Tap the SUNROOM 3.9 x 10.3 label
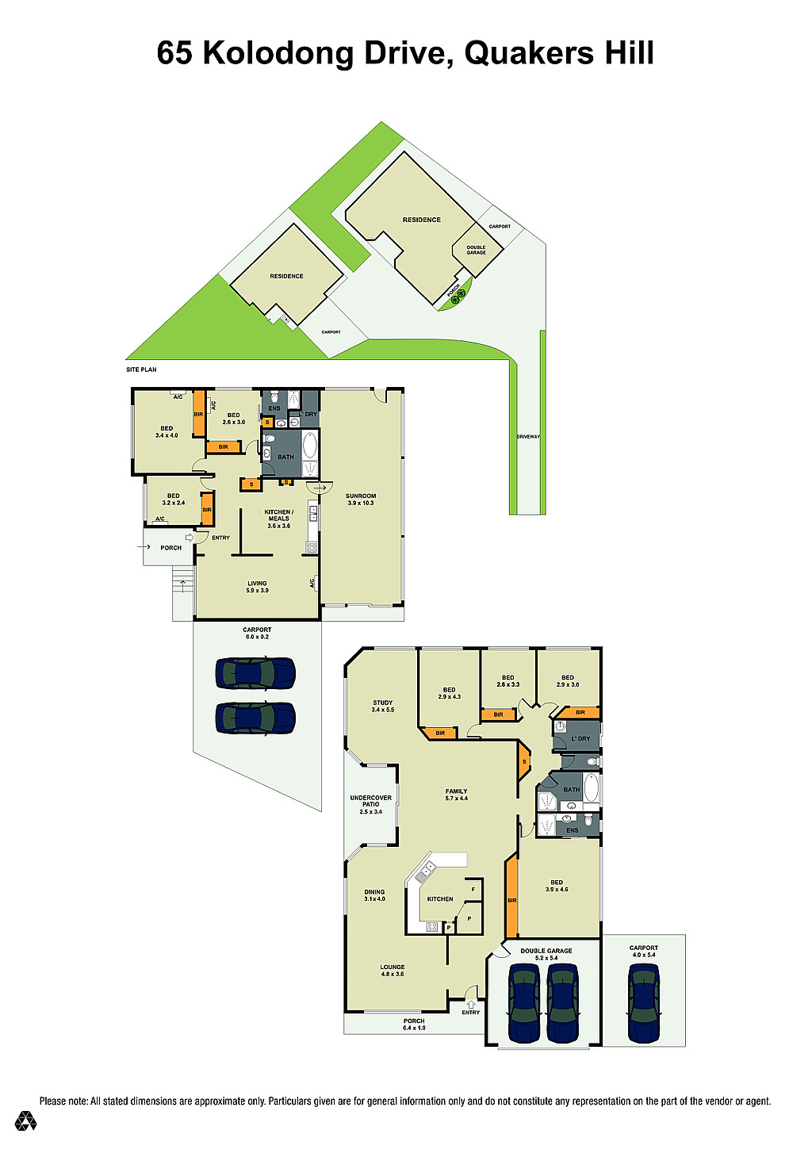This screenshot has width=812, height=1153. (361, 500)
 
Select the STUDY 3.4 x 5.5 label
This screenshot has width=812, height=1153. (383, 706)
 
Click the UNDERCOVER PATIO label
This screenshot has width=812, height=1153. (370, 801)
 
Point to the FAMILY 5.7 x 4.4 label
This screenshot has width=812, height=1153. (457, 795)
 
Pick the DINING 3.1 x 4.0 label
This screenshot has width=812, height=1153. (374, 895)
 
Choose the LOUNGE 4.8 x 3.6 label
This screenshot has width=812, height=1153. (392, 971)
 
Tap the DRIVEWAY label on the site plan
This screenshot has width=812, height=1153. (528, 436)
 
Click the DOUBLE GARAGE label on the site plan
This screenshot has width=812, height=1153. (476, 250)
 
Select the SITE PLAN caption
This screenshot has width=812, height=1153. (141, 369)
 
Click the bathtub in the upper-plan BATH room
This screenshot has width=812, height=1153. (310, 445)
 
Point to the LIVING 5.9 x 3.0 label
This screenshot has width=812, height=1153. (257, 587)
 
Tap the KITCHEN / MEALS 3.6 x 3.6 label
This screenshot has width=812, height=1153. (278, 519)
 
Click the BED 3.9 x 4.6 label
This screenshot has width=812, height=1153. (556, 885)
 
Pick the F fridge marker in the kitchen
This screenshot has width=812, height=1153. (473, 889)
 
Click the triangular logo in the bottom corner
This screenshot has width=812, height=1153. (25, 1120)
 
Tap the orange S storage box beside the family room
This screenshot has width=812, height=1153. (524, 761)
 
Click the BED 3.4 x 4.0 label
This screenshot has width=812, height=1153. (167, 432)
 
